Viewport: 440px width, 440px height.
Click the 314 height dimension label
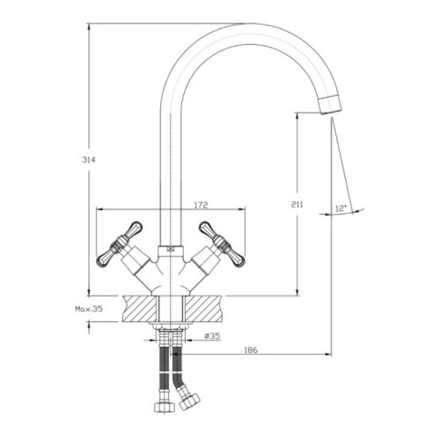[89, 160]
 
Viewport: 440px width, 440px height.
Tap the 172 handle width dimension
[201, 204]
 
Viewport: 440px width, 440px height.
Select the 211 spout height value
[297, 204]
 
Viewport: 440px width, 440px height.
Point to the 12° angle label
[341, 209]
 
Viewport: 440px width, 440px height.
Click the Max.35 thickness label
[89, 309]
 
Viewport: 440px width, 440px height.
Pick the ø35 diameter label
[212, 336]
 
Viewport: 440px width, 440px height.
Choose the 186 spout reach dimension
[251, 350]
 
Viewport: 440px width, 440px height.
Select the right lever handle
[222, 244]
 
